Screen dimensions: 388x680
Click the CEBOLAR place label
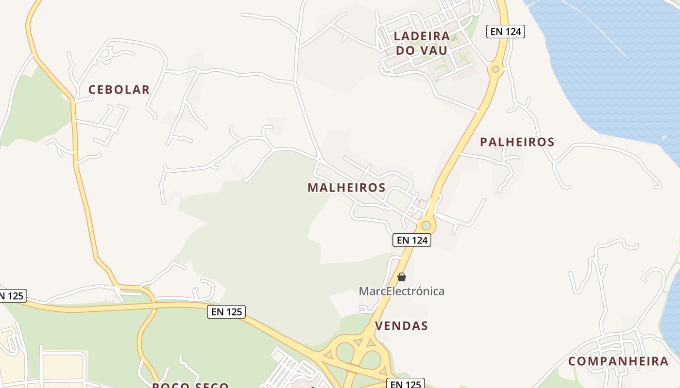click(119, 90)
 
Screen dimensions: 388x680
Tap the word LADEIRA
click(422, 36)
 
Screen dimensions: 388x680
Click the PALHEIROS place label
click(517, 142)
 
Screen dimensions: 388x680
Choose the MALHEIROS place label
click(346, 188)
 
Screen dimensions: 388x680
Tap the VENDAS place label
click(402, 326)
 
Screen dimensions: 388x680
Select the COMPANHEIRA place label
click(618, 361)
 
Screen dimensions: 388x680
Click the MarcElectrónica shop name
click(401, 291)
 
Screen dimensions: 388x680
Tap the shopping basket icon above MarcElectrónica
click(402, 277)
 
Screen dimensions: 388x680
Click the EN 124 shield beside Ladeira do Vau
click(506, 32)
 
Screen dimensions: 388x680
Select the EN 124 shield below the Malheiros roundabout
click(412, 240)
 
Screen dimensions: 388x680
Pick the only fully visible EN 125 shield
click(226, 312)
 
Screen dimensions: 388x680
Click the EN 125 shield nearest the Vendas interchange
click(406, 384)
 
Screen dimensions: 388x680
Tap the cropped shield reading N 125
click(12, 296)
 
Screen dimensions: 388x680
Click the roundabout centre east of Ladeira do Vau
click(495, 69)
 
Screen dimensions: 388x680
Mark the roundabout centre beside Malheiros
click(426, 225)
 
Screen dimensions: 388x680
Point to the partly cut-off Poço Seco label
click(190, 385)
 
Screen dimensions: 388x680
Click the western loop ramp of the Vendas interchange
click(345, 353)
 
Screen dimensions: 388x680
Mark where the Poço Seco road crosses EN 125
click(154, 306)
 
